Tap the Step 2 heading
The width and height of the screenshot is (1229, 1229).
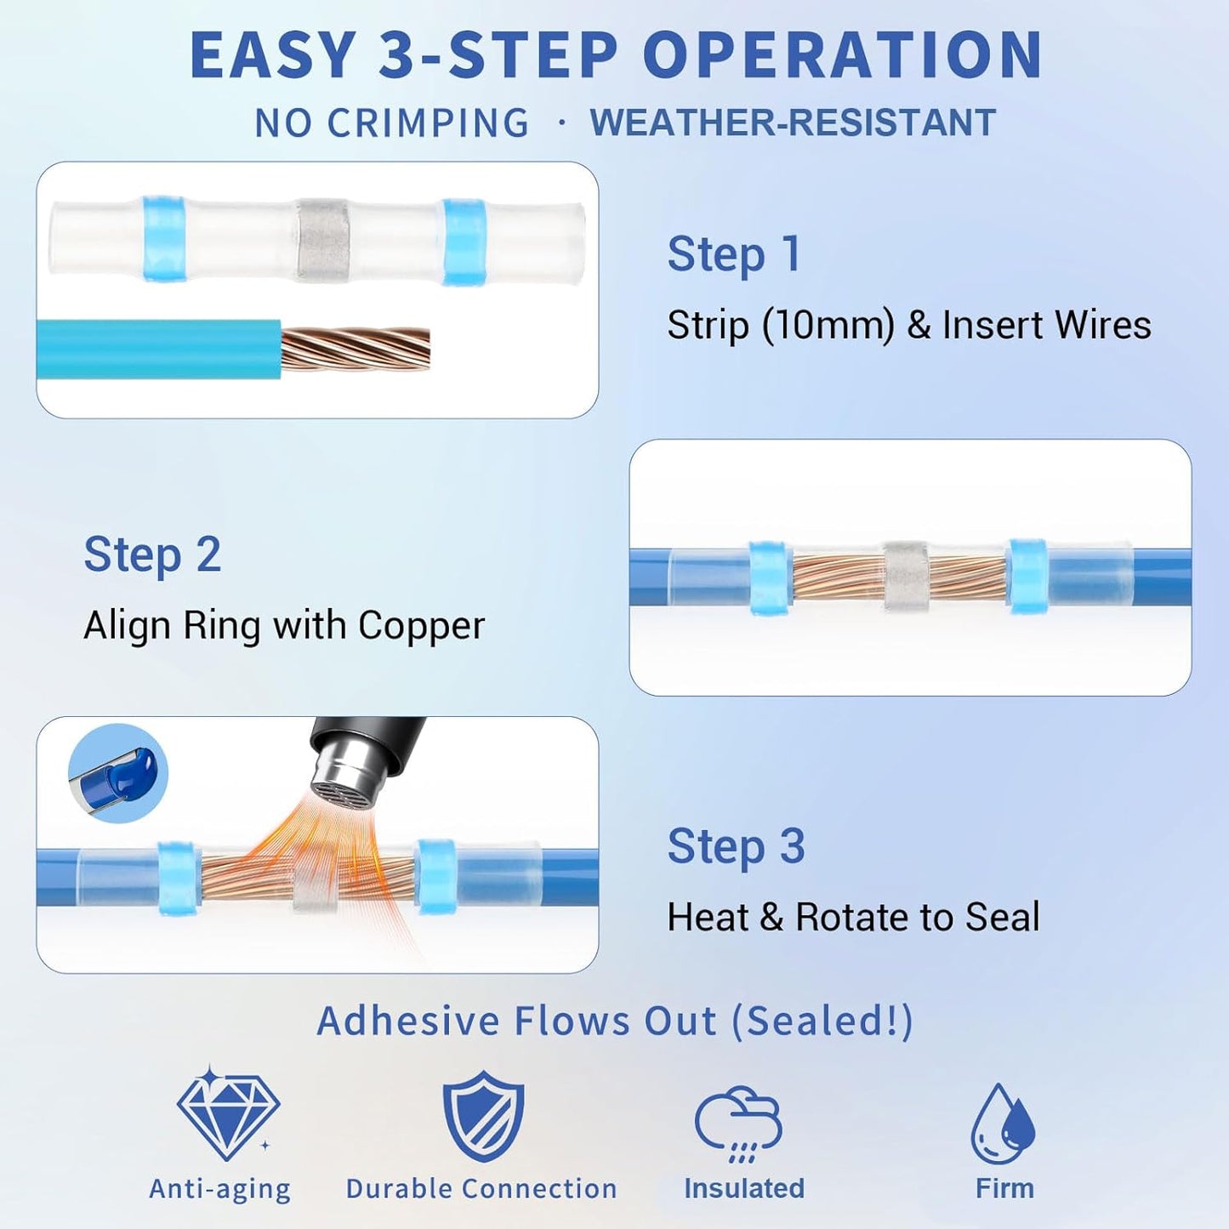[x=152, y=555]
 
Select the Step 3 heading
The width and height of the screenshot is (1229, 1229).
[x=736, y=847]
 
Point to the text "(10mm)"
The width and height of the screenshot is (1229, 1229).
[x=828, y=325]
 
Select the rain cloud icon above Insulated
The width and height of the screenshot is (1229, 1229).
[x=738, y=1124]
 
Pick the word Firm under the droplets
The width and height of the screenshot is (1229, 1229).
[x=1004, y=1188]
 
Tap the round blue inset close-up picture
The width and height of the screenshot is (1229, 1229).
[x=118, y=774]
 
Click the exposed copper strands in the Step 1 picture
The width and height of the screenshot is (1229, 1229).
[x=356, y=350]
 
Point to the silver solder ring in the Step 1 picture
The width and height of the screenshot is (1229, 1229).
[x=322, y=241]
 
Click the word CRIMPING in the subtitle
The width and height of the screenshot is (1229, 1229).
[x=427, y=122]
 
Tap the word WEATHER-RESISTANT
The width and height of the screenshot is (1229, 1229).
[x=793, y=122]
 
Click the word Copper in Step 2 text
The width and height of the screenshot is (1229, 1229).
[x=421, y=626]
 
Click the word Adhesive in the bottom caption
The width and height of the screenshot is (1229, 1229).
[x=408, y=1020]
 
